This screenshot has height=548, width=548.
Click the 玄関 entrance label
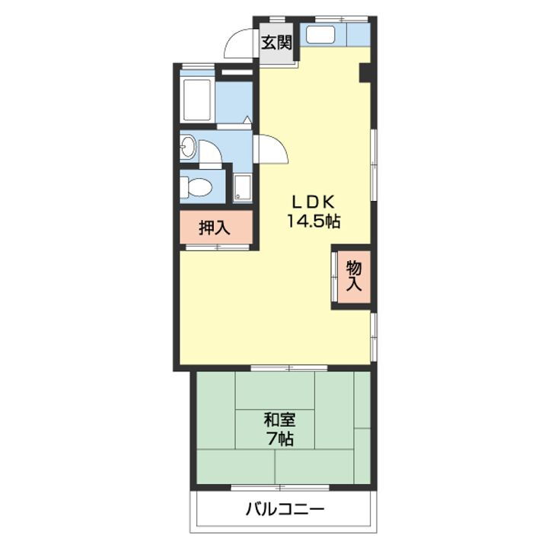pos(276,43)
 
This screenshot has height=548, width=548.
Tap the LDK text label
pos(314,202)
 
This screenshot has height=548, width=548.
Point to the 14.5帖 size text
pos(314,221)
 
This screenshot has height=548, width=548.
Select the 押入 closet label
pos(214,228)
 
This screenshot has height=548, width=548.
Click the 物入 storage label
pos(354,276)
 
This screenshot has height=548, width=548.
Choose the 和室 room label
pos(279,419)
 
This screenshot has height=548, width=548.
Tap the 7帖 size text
pos(280,439)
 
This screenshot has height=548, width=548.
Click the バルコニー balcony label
pos(285,509)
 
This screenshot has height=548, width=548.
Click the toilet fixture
pos(196,187)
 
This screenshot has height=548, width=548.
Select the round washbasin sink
pos(188,146)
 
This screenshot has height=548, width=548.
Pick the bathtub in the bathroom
pos(197,100)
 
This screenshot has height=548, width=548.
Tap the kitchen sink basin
pos(320,34)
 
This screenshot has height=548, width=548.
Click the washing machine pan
pos(243,188)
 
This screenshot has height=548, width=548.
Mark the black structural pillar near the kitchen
pos(365,73)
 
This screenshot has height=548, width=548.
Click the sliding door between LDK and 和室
pos(289,368)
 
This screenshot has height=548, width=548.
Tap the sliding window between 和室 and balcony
pos(280,487)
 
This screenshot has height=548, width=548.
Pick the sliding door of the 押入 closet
pos(218,247)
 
